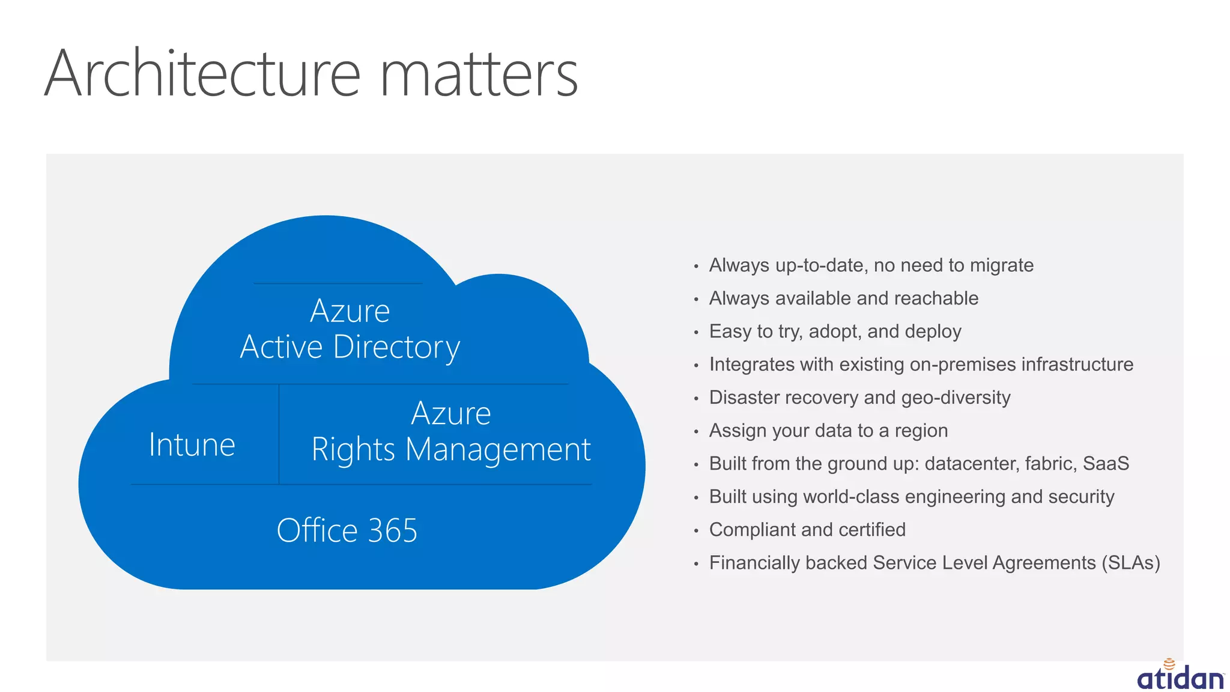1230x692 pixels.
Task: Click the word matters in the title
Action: point(479,76)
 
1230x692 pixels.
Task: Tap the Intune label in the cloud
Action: point(192,445)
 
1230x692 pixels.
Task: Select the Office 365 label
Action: point(347,530)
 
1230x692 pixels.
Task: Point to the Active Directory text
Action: point(350,347)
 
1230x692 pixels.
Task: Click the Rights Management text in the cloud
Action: point(451,450)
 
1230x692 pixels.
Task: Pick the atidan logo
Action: point(1180,676)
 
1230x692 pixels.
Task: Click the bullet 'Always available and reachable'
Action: point(843,299)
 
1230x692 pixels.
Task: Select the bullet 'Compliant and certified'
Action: point(807,530)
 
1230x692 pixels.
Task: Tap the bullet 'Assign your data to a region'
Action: point(828,431)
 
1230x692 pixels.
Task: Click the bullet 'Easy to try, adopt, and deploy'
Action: point(835,332)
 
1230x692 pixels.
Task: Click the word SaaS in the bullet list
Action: point(1106,464)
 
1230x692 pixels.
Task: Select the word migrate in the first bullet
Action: point(1002,266)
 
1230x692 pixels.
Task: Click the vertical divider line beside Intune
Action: point(279,434)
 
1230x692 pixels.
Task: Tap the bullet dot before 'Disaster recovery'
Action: point(696,399)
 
